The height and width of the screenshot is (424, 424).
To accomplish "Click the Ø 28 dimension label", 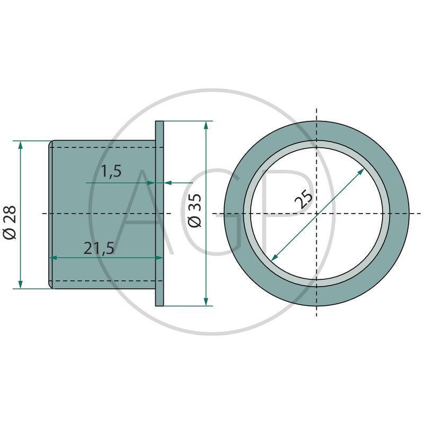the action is click(10, 222).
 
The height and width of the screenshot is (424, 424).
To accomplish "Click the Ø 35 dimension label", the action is click(195, 210).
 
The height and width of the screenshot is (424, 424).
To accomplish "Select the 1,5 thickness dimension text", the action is click(111, 171).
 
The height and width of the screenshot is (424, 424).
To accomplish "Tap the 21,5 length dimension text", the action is click(99, 248).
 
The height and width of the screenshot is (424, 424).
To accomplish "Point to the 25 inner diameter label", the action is click(303, 199).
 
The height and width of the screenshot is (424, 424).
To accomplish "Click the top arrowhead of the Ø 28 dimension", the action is click(20, 145).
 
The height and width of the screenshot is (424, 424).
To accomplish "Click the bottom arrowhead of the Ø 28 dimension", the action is click(20, 285).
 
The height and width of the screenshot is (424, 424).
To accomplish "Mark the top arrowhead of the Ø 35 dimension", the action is click(206, 126).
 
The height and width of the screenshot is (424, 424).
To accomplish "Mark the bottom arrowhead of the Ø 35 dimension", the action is click(206, 302).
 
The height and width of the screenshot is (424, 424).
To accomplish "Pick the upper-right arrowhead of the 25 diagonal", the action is click(361, 172).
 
